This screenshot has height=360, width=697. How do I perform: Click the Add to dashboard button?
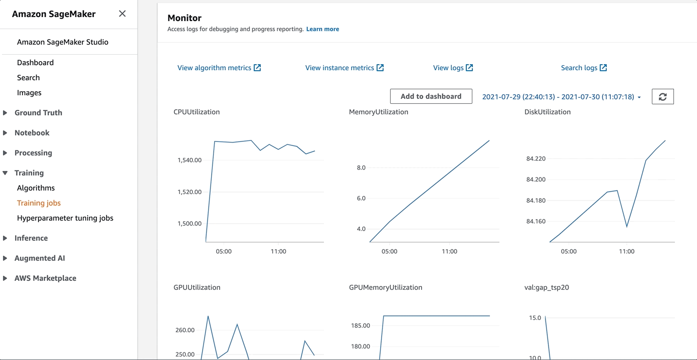click(x=431, y=96)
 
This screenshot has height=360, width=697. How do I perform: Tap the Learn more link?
click(x=322, y=29)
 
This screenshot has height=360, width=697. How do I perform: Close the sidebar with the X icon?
click(x=122, y=14)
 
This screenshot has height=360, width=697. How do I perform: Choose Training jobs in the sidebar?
click(x=39, y=203)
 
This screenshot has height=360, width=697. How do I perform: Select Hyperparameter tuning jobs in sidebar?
click(x=65, y=218)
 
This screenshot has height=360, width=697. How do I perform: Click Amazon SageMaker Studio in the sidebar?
click(x=63, y=42)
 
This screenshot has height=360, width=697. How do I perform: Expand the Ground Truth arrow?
click(x=5, y=113)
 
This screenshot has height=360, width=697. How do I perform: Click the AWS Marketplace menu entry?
click(x=45, y=278)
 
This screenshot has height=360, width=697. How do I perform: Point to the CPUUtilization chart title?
click(x=197, y=112)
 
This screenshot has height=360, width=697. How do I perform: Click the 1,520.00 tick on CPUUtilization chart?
click(x=190, y=192)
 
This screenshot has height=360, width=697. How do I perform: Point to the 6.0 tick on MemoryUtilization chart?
click(x=361, y=199)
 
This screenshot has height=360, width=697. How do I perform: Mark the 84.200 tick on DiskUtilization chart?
click(x=536, y=179)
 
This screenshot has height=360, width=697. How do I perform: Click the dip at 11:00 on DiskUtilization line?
click(x=627, y=227)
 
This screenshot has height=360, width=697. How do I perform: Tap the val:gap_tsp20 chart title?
click(x=547, y=287)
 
